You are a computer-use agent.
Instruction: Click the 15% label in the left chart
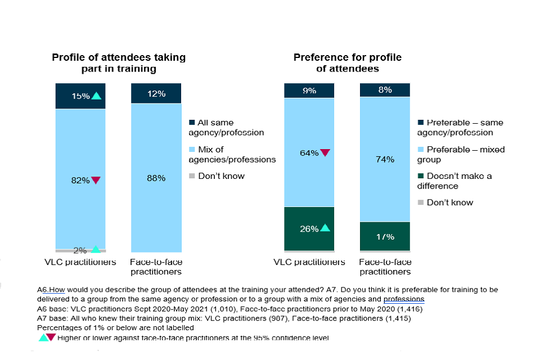point(81,96)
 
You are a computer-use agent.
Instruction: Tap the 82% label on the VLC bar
point(80,180)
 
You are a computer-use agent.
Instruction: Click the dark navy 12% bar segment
point(156,93)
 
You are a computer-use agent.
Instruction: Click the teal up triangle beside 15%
point(96,96)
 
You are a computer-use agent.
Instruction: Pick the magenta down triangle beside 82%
point(96,181)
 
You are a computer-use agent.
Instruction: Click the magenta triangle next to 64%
point(325,152)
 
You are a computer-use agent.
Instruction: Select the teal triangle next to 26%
point(325,228)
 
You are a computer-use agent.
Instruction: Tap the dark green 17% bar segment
point(385,236)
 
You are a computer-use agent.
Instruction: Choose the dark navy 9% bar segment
point(309,90)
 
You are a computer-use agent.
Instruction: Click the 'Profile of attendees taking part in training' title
point(119,63)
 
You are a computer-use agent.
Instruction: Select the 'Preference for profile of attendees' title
point(347,63)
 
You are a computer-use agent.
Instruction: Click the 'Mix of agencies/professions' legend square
point(192,150)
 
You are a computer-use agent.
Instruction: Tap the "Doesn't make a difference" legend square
point(421,176)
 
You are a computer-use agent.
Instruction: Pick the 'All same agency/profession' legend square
point(192,123)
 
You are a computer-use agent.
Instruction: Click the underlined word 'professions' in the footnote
point(403,299)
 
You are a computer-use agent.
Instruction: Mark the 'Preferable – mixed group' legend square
point(421,150)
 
